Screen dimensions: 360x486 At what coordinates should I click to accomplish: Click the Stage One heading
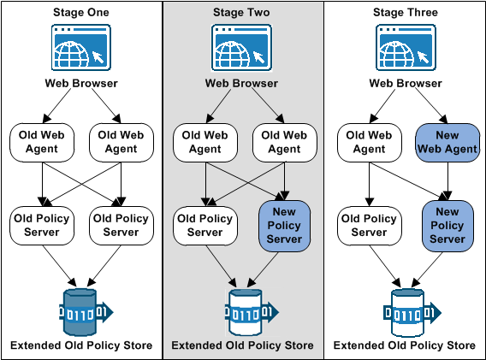(81, 13)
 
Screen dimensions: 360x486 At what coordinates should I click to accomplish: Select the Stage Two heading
(242, 13)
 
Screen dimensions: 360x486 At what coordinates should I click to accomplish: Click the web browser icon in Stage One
(81, 48)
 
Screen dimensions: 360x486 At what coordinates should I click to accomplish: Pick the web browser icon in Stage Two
(242, 48)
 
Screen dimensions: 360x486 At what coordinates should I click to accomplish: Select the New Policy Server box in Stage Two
(286, 225)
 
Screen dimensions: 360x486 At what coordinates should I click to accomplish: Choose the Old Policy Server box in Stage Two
(204, 225)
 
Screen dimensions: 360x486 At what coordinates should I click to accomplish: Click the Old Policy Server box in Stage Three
(369, 225)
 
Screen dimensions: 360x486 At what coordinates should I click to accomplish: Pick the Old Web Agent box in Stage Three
(369, 142)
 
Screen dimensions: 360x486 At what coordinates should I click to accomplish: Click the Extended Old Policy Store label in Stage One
(81, 345)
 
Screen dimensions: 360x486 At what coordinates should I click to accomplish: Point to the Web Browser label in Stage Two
(242, 84)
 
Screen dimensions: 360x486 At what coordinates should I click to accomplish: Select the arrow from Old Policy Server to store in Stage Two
(219, 266)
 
